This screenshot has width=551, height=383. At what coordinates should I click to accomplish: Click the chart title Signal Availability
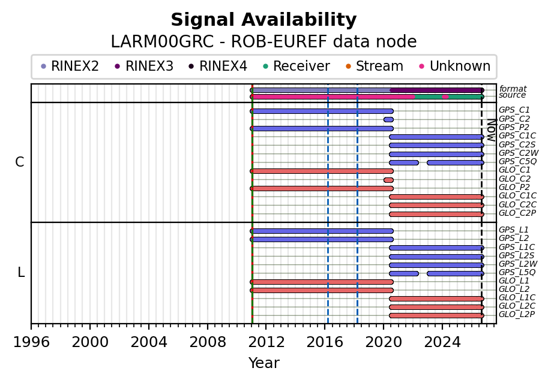[263, 20]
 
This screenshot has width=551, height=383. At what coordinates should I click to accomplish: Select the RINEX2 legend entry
[70, 66]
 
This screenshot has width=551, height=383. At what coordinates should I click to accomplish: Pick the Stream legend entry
[375, 66]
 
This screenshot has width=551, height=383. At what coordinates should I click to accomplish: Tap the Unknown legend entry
[455, 66]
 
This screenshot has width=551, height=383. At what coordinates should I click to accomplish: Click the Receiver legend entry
[297, 66]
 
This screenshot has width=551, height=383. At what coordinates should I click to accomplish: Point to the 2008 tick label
[208, 342]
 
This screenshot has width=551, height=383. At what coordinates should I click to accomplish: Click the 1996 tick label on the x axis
[31, 342]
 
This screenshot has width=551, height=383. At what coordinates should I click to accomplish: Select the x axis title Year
[264, 363]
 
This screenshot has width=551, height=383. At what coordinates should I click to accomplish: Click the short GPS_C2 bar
[388, 120]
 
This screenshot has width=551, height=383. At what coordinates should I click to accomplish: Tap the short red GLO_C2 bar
[388, 180]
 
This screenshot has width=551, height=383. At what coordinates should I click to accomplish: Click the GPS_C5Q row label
[517, 161]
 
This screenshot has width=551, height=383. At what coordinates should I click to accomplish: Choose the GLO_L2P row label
[517, 314]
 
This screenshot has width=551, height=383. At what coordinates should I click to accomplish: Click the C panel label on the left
[20, 162]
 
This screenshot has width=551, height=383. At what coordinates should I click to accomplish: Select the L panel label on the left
[21, 272]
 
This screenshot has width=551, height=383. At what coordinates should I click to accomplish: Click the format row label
[513, 89]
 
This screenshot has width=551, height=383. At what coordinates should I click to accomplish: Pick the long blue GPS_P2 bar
[322, 128]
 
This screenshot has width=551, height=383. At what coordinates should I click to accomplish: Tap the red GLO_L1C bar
[436, 298]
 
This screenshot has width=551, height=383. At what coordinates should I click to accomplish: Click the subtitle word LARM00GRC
[162, 42]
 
